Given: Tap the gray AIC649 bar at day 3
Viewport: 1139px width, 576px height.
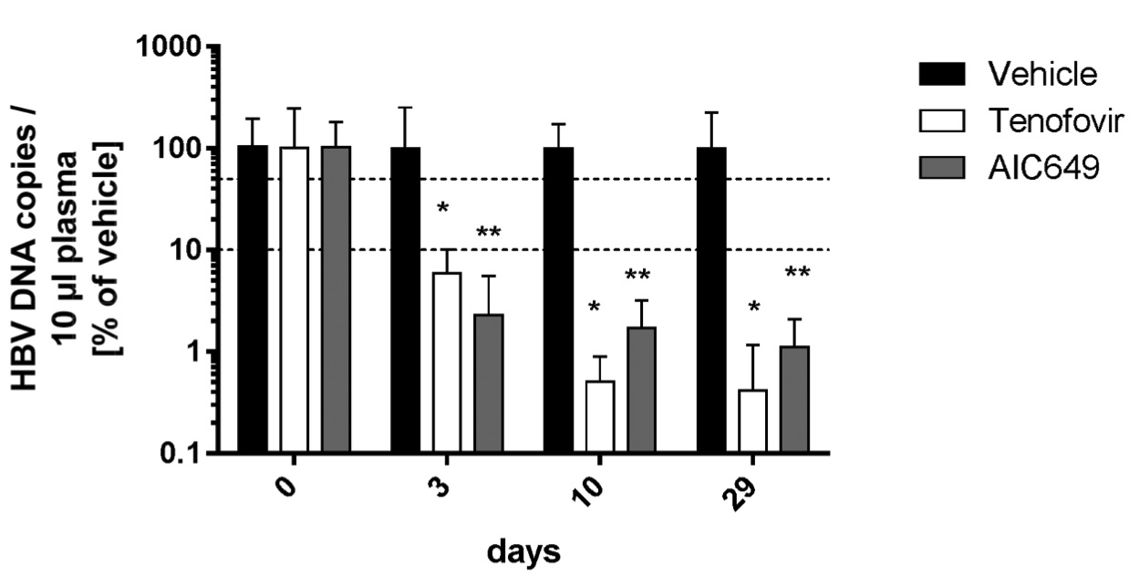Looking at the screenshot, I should pos(489,382).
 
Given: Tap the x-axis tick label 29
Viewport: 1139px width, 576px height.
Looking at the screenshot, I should pos(748,500).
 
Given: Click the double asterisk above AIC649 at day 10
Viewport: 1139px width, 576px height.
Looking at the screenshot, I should pos(641,274).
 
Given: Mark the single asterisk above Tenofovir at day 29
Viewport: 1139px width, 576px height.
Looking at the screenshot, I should pos(753,308).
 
